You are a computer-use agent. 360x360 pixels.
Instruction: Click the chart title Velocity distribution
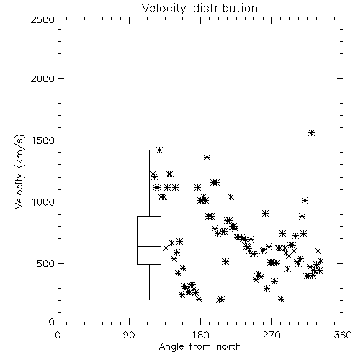click(x=199, y=9)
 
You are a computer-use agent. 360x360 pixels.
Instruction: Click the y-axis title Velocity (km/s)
click(x=19, y=171)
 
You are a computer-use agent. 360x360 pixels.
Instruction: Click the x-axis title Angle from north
click(x=199, y=347)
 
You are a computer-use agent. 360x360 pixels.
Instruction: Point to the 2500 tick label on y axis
click(x=42, y=19)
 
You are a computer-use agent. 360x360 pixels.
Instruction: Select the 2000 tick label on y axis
click(x=42, y=79)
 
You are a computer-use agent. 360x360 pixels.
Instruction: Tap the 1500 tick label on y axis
click(x=43, y=140)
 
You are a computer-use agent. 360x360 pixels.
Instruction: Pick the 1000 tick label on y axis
click(x=43, y=202)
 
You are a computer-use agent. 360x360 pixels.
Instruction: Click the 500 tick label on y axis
click(x=46, y=264)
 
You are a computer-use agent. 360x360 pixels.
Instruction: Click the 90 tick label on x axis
click(x=129, y=335)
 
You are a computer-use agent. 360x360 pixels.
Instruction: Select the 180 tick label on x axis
click(x=200, y=335)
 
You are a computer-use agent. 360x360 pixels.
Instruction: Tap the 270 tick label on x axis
click(x=271, y=335)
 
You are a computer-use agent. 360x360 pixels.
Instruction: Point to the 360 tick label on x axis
click(x=343, y=335)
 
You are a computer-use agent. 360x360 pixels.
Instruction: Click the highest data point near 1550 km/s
click(x=311, y=132)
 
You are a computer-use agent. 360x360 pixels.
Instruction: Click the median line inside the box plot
click(x=149, y=246)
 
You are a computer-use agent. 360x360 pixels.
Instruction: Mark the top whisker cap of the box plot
click(x=149, y=150)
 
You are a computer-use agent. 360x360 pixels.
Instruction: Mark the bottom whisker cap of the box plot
click(x=149, y=300)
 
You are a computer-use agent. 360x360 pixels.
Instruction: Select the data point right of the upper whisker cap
click(x=159, y=150)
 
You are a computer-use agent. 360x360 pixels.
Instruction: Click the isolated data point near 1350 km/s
click(x=207, y=158)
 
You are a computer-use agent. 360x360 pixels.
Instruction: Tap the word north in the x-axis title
click(x=229, y=347)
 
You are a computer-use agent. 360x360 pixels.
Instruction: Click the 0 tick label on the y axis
click(x=52, y=322)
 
